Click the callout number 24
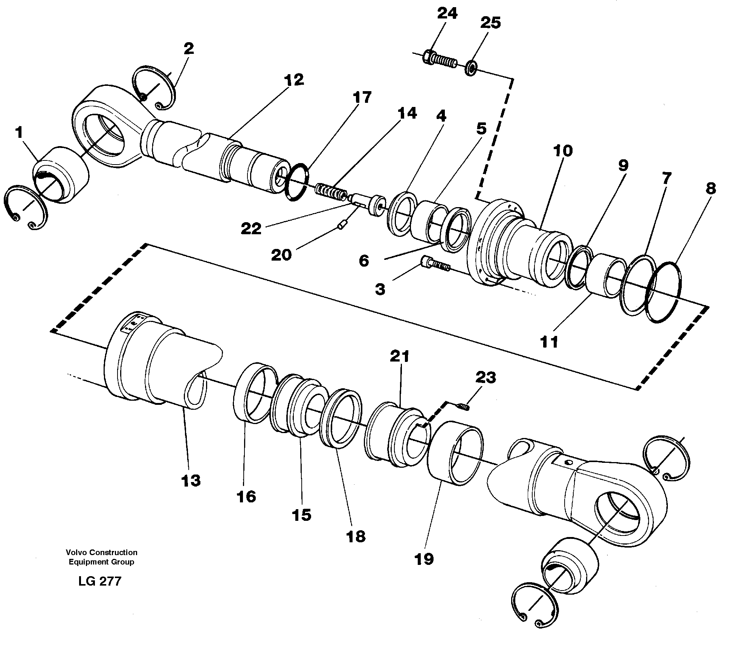(x=447, y=13)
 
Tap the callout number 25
(x=490, y=23)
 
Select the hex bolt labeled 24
(x=440, y=59)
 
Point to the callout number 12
(x=294, y=79)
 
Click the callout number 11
(x=549, y=342)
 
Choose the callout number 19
(x=424, y=559)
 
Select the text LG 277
(x=100, y=581)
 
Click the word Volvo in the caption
(x=74, y=552)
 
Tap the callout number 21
(x=399, y=356)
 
